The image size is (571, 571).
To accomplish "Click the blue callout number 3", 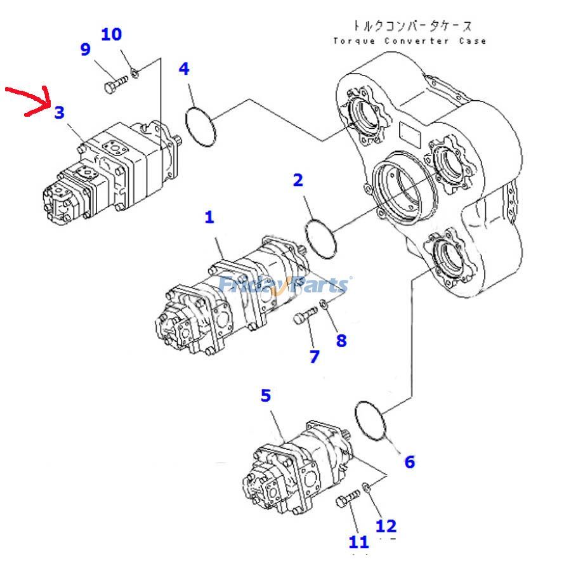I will (58, 113).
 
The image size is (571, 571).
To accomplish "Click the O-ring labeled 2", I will (321, 239).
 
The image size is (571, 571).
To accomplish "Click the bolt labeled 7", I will (305, 315).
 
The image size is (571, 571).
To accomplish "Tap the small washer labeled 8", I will (325, 305).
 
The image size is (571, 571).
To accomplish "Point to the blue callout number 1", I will (209, 218).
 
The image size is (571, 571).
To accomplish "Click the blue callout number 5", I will (265, 396).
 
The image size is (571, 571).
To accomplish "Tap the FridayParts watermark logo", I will (284, 285).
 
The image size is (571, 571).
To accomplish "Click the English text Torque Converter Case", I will (410, 41).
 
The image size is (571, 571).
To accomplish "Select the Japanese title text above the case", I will (412, 26).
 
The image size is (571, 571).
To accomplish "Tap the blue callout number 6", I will (409, 462).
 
